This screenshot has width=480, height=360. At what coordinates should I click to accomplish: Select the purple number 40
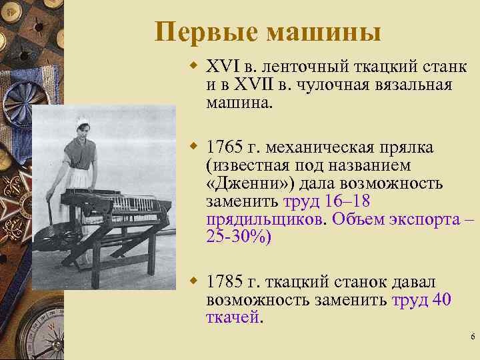coord(442,300)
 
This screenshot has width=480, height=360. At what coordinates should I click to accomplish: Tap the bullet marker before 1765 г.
coord(194,146)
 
